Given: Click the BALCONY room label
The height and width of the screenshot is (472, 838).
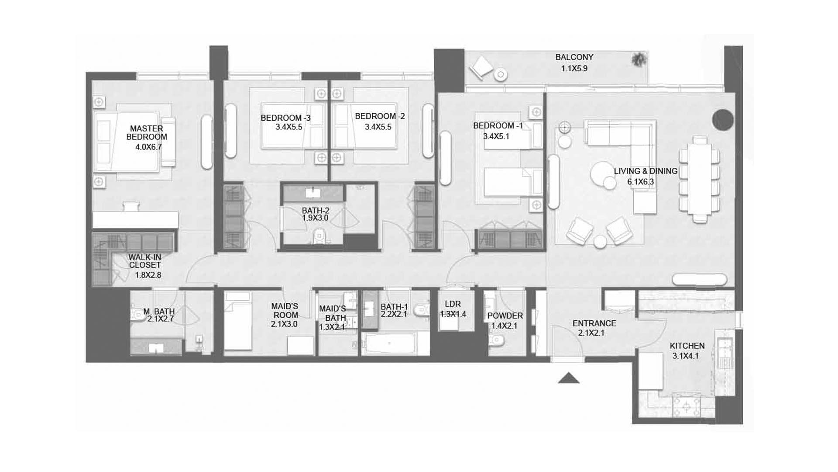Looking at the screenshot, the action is [574, 57].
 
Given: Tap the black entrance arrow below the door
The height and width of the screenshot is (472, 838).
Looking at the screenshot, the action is [569, 378].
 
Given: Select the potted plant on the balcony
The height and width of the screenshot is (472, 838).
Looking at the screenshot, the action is [639, 59].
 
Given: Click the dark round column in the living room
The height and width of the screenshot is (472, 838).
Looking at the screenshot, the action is [723, 119].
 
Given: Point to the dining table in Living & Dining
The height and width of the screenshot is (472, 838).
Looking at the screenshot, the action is [699, 180].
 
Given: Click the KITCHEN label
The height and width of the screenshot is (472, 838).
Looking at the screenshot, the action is [687, 346].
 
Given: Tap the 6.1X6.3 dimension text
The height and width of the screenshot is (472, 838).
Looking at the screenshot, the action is [641, 182].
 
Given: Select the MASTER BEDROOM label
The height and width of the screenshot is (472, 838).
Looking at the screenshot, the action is [147, 132].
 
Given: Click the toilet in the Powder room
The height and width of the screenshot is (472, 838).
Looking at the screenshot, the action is [496, 339].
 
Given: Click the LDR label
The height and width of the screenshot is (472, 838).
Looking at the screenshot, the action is [453, 304].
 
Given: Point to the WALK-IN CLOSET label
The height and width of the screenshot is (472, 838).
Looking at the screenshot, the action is [145, 261].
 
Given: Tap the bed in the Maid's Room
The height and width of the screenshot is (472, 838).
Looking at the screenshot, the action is [238, 321].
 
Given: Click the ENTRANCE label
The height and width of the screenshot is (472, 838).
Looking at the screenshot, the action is [594, 323].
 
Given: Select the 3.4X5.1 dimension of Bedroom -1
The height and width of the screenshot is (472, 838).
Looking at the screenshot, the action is [496, 136].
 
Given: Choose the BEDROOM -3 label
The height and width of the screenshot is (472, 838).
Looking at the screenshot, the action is [285, 118].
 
